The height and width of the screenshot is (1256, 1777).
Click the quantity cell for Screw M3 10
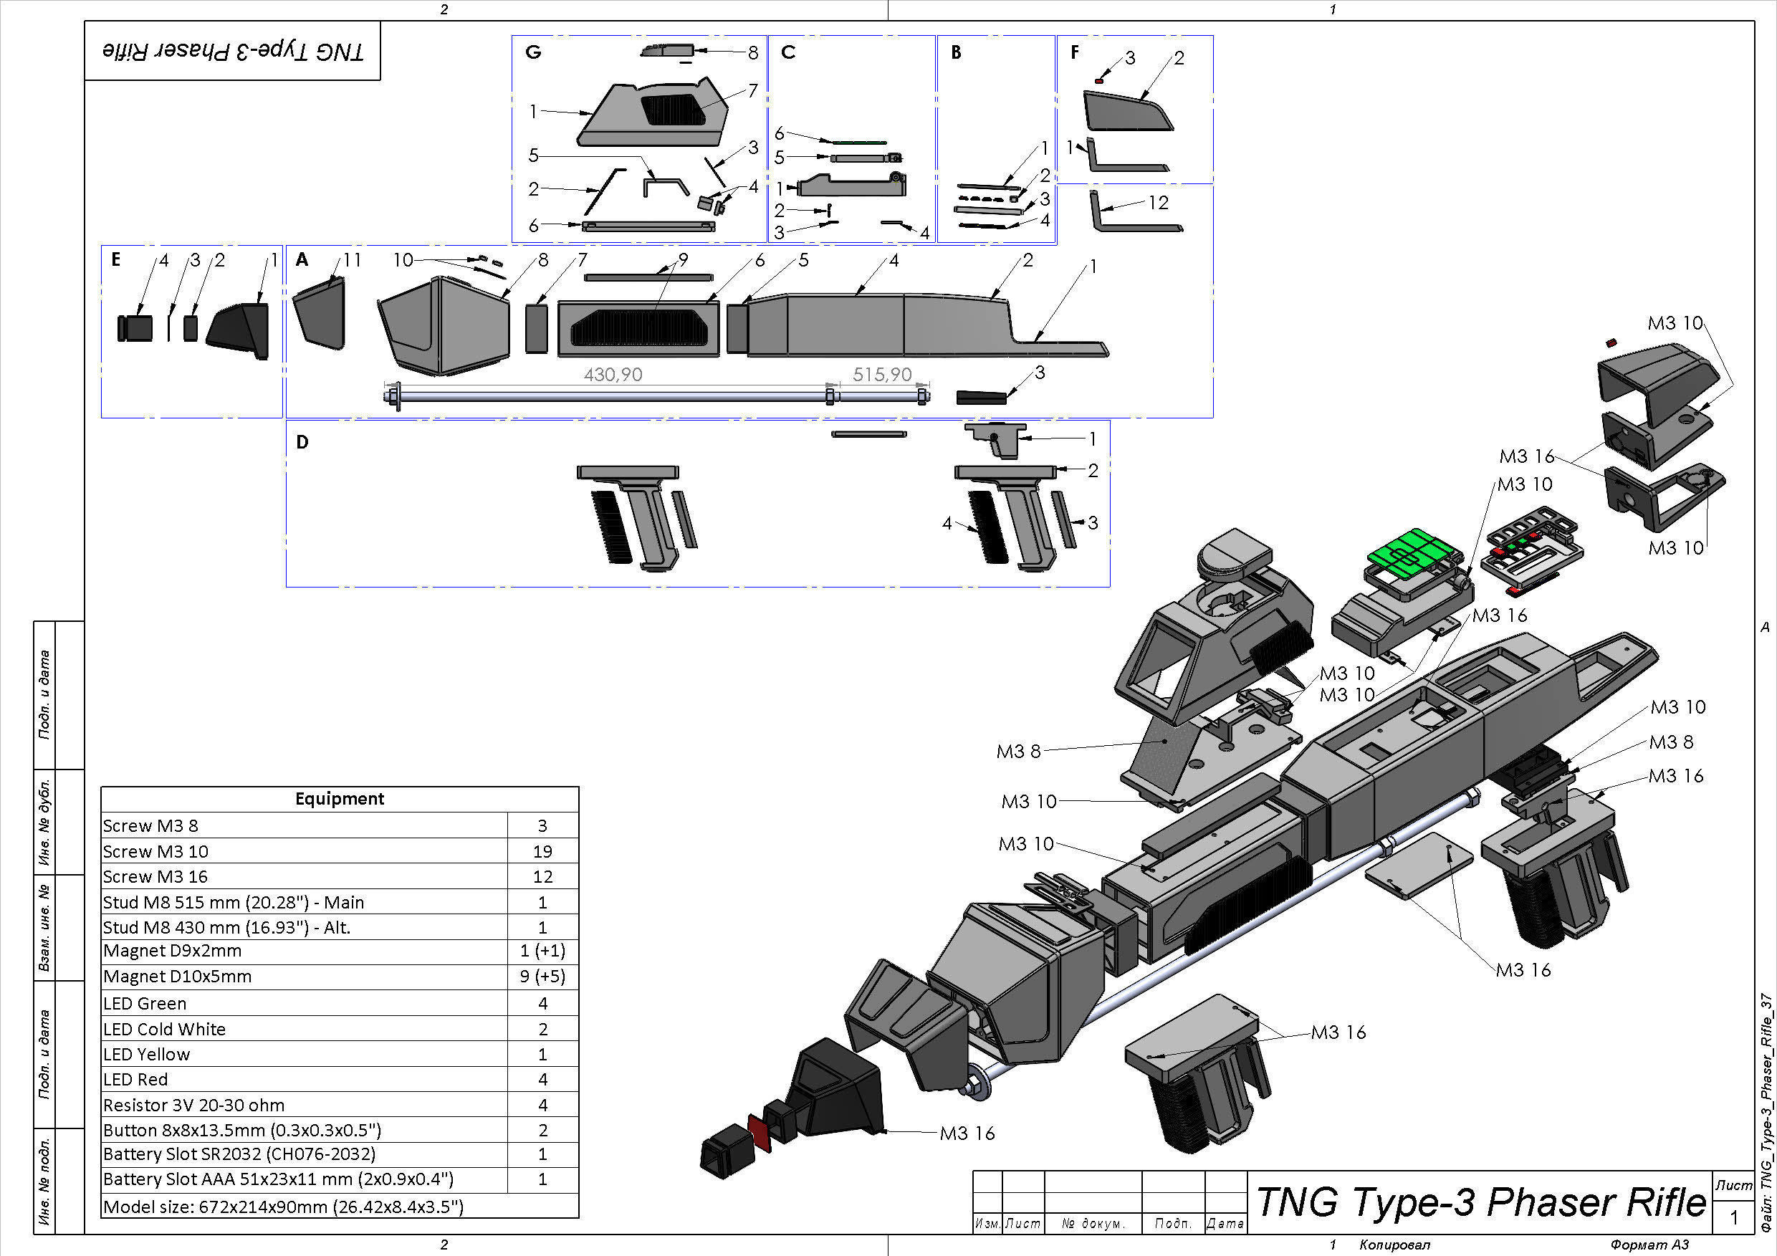[x=542, y=851]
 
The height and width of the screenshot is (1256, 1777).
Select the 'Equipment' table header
[x=339, y=799]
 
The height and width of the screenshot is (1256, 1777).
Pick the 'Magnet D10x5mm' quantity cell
[x=542, y=977]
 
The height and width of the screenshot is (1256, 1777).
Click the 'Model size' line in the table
[x=283, y=1207]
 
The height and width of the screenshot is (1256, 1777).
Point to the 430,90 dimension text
[x=612, y=375]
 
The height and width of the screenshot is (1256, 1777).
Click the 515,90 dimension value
[x=881, y=375]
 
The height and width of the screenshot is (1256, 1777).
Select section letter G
[x=532, y=52]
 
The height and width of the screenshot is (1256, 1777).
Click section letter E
[x=115, y=259]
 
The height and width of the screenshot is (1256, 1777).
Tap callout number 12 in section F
[x=1158, y=203]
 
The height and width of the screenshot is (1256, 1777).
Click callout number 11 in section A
[x=353, y=260]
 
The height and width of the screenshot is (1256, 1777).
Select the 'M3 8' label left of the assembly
[x=1017, y=752]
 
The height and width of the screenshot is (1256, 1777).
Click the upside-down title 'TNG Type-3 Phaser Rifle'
[x=232, y=51]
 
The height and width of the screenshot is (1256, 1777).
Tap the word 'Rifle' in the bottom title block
[x=1665, y=1202]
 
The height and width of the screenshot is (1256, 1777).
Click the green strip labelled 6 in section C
[x=859, y=143]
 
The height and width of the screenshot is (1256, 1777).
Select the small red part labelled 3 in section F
[x=1100, y=80]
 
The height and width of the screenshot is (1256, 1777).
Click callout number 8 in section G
[x=752, y=52]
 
